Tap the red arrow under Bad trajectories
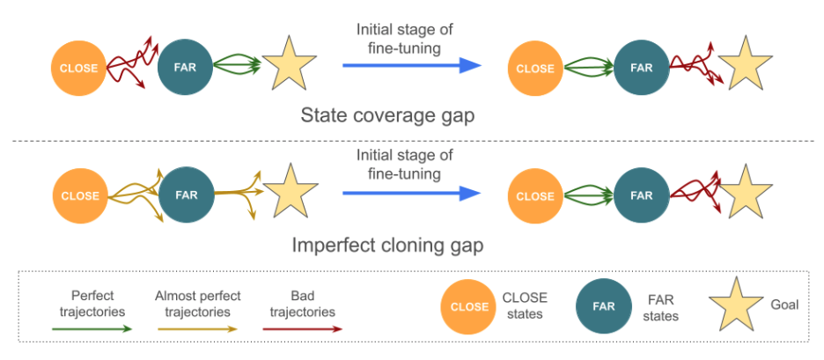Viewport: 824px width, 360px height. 301,327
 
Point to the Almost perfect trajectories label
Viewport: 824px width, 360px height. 197,304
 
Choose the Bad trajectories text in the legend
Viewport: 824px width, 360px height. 301,304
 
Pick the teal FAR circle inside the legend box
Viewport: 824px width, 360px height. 601,306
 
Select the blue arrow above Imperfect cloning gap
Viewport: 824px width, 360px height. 411,194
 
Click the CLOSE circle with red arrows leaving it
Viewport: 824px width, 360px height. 78,67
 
